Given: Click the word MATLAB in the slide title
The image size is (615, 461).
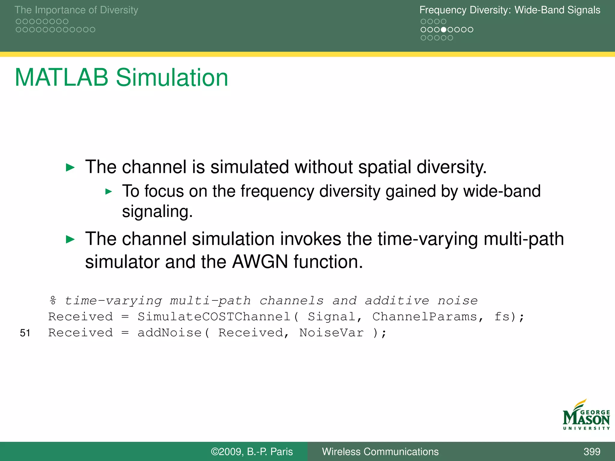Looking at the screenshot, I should coord(61,78).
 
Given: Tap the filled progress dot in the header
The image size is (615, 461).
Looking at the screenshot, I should coord(444,30).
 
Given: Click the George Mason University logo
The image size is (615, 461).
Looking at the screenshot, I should coord(586,415).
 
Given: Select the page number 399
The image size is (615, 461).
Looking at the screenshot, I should coord(592,451).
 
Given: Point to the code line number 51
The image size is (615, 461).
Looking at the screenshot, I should coord(25,333).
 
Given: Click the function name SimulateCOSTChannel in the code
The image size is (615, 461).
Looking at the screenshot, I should coord(214,317).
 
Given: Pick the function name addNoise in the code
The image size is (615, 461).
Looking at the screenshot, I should coord(169,333).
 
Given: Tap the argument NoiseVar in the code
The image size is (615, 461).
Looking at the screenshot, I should coord(331,333).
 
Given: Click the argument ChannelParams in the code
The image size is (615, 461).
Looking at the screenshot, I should coord(424,317).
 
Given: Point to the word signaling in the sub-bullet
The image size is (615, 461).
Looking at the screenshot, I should coord(157,212).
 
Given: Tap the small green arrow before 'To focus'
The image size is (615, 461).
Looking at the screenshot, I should coord(109,191).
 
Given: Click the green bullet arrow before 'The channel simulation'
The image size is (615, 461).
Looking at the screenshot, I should coord(70,240).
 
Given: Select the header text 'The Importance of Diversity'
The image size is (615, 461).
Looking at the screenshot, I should coord(76,10).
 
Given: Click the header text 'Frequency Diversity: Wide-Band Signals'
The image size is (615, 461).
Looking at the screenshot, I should coord(510,10).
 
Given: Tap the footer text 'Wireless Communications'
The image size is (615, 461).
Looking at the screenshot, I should coord(380,451).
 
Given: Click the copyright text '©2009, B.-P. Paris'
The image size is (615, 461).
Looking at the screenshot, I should coord(252,451).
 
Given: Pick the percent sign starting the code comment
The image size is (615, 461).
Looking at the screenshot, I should coord(53,300).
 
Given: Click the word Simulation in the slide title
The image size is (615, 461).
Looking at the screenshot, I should coord(172,78).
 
